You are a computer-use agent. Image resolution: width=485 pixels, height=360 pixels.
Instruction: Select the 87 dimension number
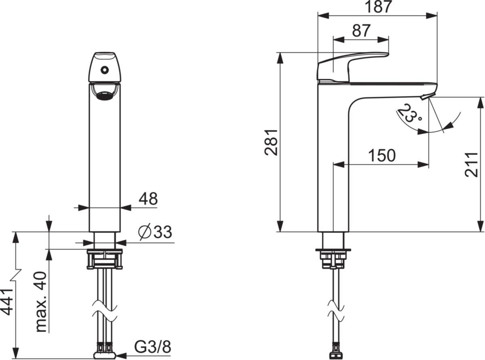pyautogui.click(x=361, y=31)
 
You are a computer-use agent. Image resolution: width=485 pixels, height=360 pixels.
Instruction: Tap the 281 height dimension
pyautogui.click(x=271, y=142)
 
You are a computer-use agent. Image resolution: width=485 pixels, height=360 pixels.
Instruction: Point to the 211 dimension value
pyautogui.click(x=471, y=164)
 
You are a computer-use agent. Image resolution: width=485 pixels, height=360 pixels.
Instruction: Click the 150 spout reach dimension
pyautogui.click(x=382, y=156)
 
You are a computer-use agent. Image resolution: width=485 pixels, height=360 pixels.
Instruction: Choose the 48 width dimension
pyautogui.click(x=148, y=198)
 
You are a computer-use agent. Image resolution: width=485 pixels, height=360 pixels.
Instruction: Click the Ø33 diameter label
pyautogui.click(x=155, y=232)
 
